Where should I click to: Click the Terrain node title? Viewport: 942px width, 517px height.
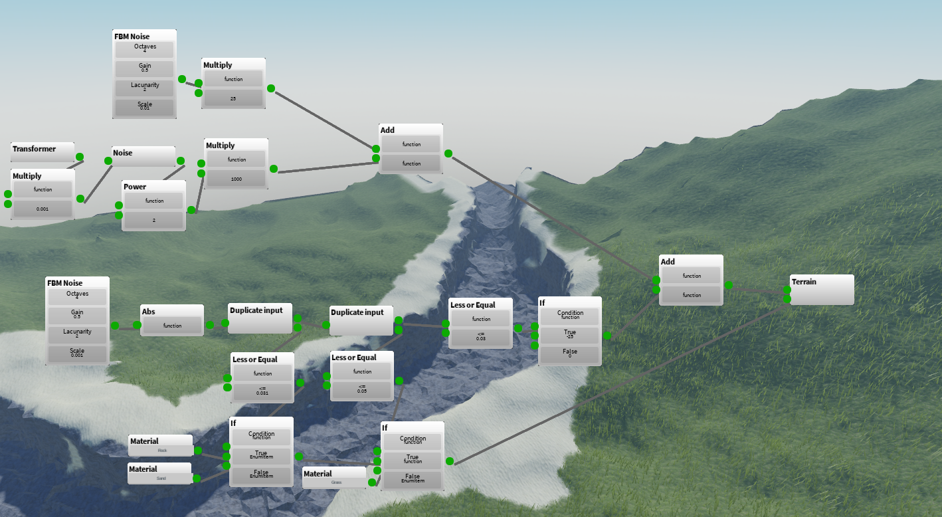pyautogui.click(x=804, y=282)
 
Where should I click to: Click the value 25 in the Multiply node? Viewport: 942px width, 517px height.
pyautogui.click(x=233, y=98)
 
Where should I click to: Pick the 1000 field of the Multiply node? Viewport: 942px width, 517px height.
pyautogui.click(x=236, y=178)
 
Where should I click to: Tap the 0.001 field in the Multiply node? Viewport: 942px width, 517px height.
pyautogui.click(x=43, y=209)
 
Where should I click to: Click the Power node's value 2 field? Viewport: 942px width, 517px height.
pyautogui.click(x=153, y=219)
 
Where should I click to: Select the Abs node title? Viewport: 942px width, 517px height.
pyautogui.click(x=148, y=311)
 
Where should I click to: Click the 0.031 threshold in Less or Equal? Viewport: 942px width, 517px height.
pyautogui.click(x=262, y=391)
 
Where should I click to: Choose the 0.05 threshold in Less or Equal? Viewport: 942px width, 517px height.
pyautogui.click(x=362, y=389)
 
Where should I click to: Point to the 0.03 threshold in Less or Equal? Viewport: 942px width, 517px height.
pyautogui.click(x=480, y=338)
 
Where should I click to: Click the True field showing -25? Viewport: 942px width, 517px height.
pyautogui.click(x=569, y=334)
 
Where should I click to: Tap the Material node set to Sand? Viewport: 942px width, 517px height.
pyautogui.click(x=160, y=474)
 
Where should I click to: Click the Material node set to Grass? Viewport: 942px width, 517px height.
pyautogui.click(x=334, y=478)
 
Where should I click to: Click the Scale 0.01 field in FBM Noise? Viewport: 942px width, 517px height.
pyautogui.click(x=144, y=106)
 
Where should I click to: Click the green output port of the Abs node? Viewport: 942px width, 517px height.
pyautogui.click(x=210, y=325)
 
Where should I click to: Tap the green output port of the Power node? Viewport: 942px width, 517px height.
pyautogui.click(x=191, y=210)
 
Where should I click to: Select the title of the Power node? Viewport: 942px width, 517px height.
pyautogui.click(x=135, y=187)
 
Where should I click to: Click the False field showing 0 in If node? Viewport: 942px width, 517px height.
pyautogui.click(x=569, y=354)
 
